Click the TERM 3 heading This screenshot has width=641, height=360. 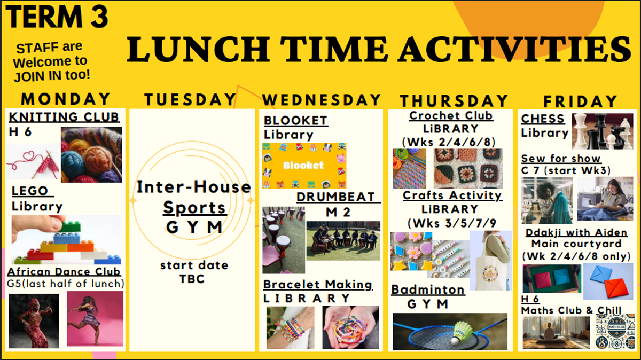click(x=57, y=17)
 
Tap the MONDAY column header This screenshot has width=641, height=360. click(x=66, y=99)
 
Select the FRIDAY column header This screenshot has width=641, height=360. click(x=580, y=101)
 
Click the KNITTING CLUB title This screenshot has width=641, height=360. click(x=64, y=118)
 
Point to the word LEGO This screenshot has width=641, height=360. click(x=30, y=191)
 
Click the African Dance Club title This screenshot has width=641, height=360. click(x=64, y=271)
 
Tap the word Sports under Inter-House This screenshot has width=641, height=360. click(x=194, y=207)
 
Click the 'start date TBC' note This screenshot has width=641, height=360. click(x=194, y=272)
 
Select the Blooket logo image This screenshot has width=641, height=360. click(x=304, y=166)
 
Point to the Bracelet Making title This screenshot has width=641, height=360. click(x=318, y=285)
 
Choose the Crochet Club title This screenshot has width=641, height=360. click(x=451, y=115)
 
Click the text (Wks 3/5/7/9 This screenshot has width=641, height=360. click(x=451, y=223)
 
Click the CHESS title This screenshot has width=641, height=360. click(x=543, y=119)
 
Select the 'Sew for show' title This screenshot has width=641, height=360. click(x=561, y=159)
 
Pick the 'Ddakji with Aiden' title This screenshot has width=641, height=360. click(x=576, y=232)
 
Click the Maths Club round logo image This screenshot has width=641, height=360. click(x=615, y=331)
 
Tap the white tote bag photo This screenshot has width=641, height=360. click(x=490, y=261)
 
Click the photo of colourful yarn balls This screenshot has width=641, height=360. click(x=91, y=154)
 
